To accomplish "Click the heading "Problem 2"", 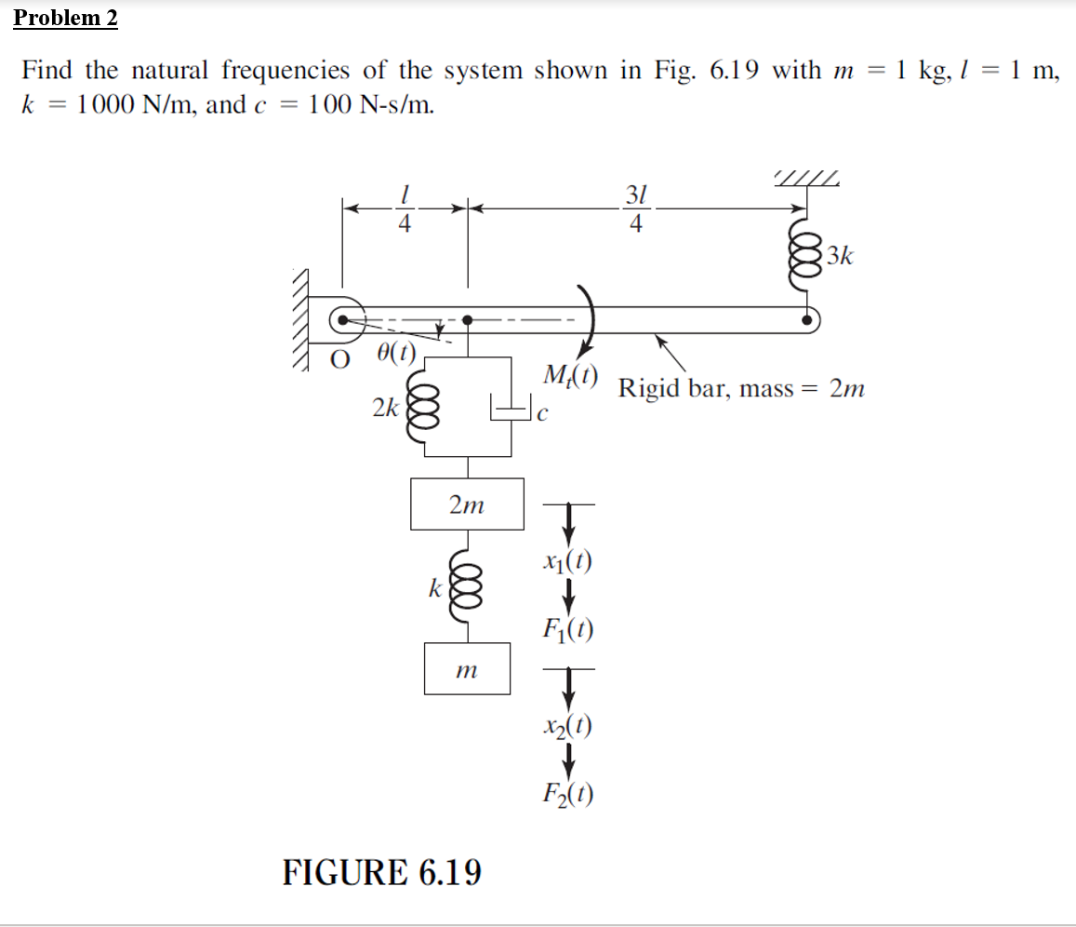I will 66,18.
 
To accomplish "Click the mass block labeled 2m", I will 467,504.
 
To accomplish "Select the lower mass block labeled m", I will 467,668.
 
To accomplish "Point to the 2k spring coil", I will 427,407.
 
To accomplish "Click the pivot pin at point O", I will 343,320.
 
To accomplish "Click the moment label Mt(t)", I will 570,377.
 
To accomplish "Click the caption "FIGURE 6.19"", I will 382,873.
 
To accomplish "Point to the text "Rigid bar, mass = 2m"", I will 741,388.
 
